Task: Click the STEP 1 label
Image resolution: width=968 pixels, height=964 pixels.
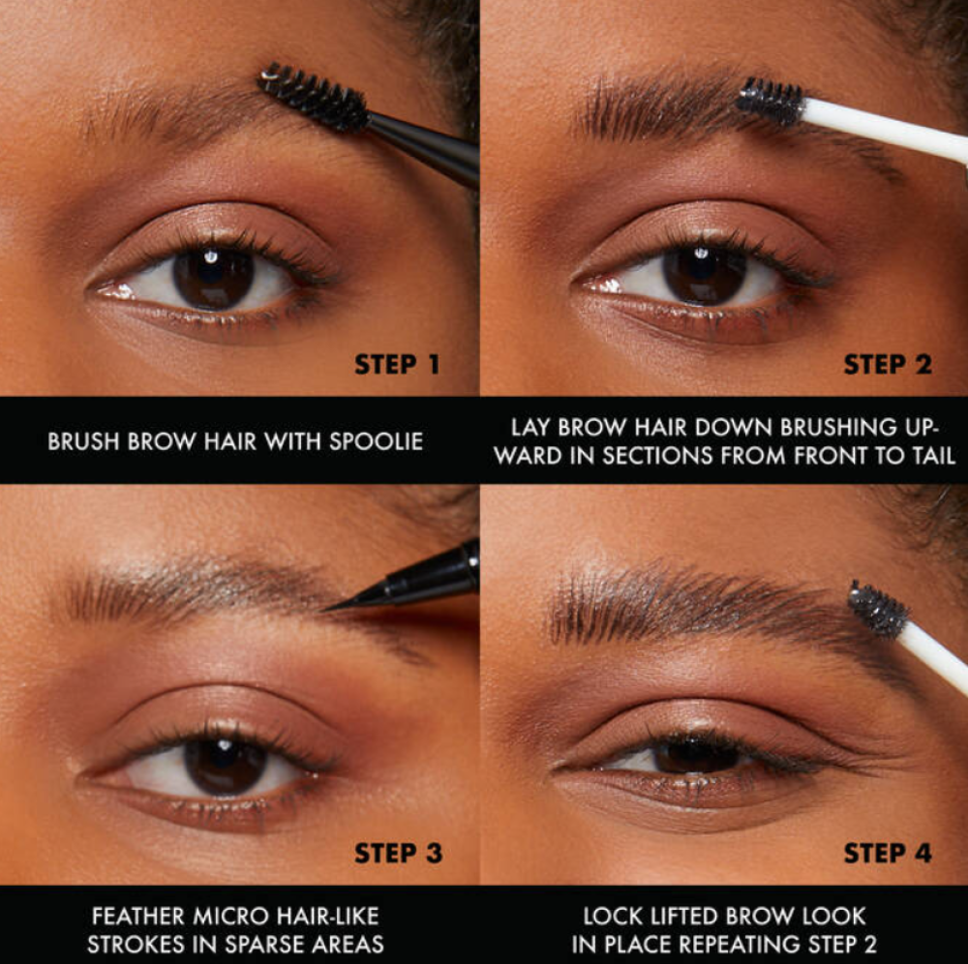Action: point(398,364)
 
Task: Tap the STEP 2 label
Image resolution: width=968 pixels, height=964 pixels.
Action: point(888,364)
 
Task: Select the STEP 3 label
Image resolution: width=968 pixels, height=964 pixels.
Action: point(398,853)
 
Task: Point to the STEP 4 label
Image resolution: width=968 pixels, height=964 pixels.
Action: point(888,853)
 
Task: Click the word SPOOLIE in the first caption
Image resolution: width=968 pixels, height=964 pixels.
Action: point(376,441)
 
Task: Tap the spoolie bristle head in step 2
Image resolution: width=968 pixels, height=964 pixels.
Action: point(771,101)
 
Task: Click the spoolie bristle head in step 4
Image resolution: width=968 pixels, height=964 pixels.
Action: point(877,610)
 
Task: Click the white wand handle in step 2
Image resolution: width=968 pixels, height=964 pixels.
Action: point(884,131)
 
